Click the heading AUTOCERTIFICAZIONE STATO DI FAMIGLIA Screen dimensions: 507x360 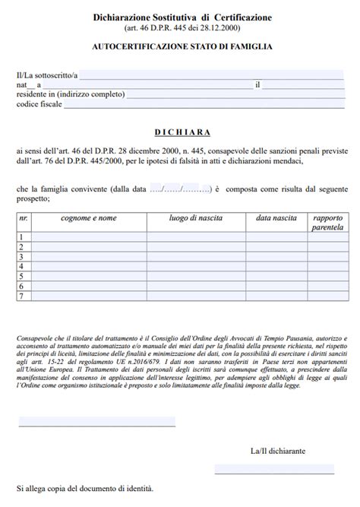tap(182, 46)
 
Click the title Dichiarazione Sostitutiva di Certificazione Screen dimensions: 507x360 tap(182, 17)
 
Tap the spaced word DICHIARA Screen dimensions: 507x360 tap(182, 132)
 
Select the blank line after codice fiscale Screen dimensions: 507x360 tap(205, 106)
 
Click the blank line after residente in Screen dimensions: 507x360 tap(236, 96)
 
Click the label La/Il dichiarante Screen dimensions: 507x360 tap(277, 450)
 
